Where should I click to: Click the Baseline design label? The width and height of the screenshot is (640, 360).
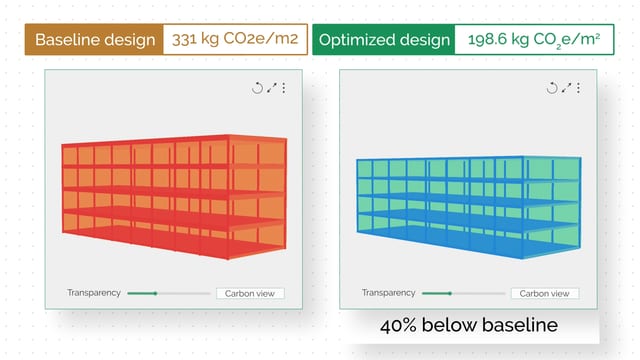click(95, 41)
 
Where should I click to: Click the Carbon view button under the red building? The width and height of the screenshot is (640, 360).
click(250, 293)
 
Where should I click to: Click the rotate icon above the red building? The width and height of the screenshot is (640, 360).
click(257, 88)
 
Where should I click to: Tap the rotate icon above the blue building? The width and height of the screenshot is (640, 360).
click(551, 88)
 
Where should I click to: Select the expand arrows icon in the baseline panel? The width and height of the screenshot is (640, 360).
click(271, 88)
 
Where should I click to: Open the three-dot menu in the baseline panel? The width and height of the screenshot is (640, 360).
click(283, 88)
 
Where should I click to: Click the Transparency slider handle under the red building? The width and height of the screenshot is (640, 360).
click(155, 293)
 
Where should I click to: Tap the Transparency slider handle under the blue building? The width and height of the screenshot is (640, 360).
click(450, 293)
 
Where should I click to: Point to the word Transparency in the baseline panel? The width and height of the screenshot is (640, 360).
click(94, 293)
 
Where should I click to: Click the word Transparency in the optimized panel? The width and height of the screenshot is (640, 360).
click(388, 293)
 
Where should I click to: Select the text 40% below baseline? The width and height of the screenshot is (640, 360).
click(469, 326)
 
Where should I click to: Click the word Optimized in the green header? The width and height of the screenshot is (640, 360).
click(354, 41)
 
